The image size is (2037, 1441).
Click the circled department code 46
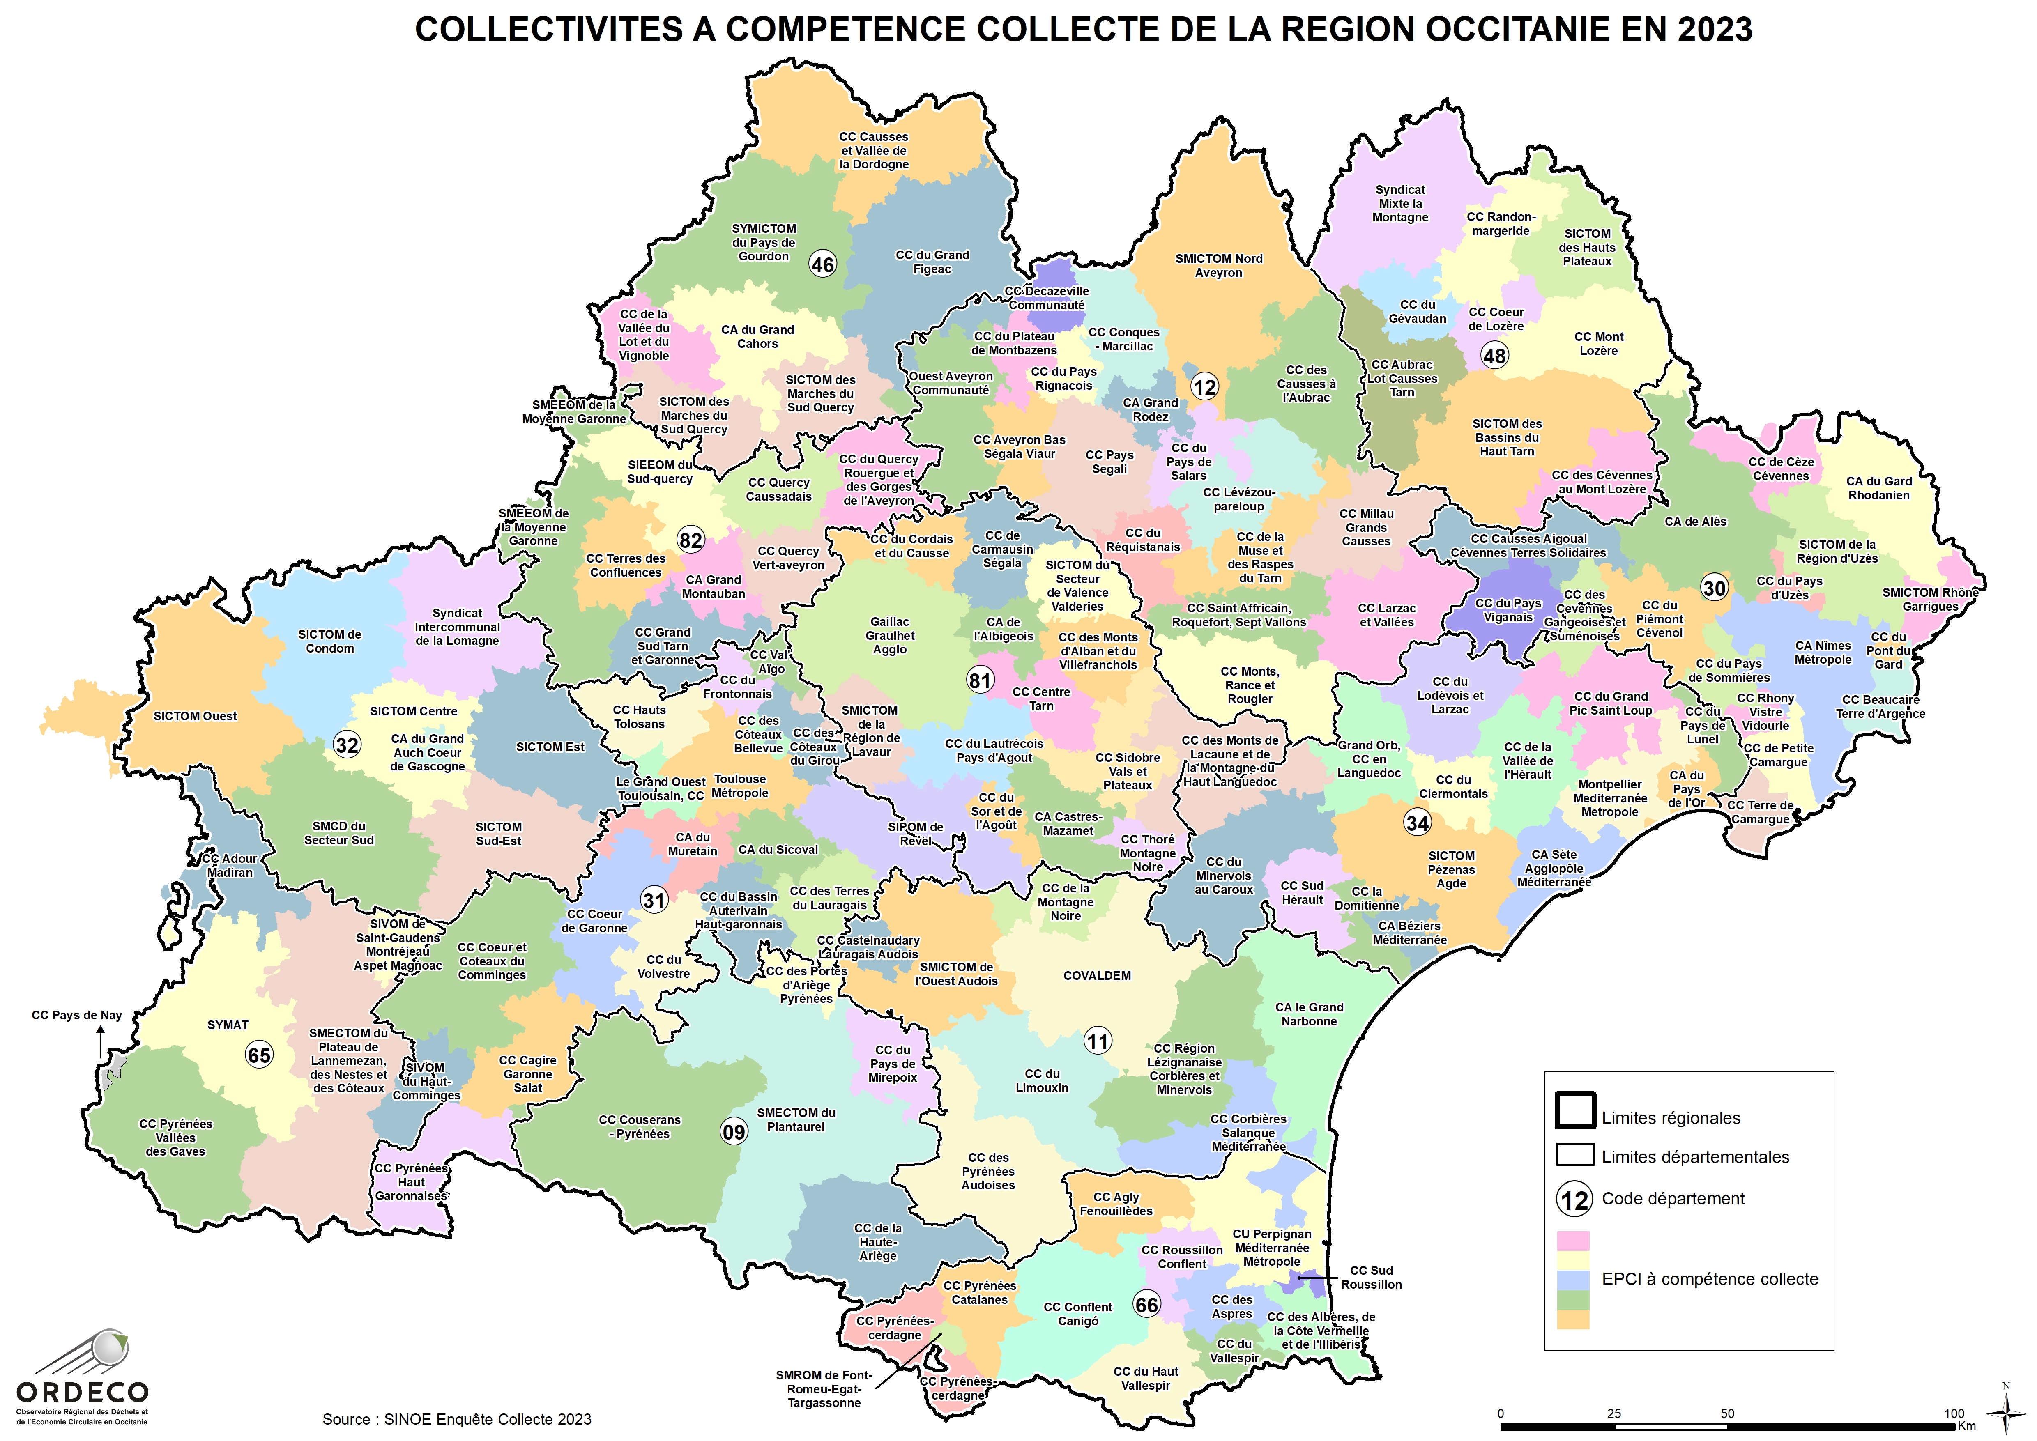tap(823, 264)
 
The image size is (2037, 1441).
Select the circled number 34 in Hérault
tap(1418, 823)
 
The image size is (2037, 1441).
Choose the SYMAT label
tap(228, 1025)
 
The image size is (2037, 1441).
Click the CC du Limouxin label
tap(1042, 1081)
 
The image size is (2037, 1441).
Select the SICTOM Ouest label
tap(195, 716)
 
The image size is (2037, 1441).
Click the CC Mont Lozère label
tap(1599, 343)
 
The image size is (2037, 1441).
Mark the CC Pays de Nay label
tap(77, 1015)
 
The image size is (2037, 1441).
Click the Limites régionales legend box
tap(1575, 1110)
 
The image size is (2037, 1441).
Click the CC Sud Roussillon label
tap(1371, 1278)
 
